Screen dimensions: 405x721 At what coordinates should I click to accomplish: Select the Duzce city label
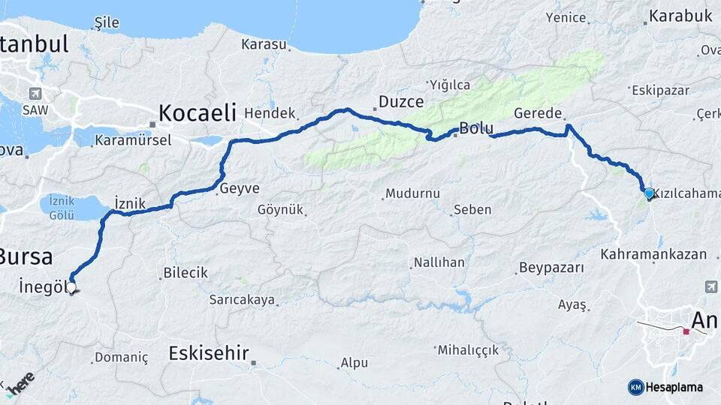tap(400, 101)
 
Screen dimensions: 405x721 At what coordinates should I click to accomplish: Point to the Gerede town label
tap(538, 113)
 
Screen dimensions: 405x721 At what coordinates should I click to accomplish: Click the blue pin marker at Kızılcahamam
tap(649, 193)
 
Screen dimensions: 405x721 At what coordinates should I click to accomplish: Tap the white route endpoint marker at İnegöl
tap(71, 286)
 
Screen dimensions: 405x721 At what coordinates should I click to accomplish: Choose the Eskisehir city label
tap(208, 352)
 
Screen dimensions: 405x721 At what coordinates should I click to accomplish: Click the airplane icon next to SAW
tap(35, 94)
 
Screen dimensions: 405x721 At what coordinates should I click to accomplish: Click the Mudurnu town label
tap(412, 193)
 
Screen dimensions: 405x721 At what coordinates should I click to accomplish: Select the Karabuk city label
tap(680, 16)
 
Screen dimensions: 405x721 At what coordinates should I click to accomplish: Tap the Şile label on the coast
tap(106, 22)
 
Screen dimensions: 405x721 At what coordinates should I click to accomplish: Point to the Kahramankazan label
tap(653, 254)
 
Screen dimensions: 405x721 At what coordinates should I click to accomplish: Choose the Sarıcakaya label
tap(243, 300)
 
